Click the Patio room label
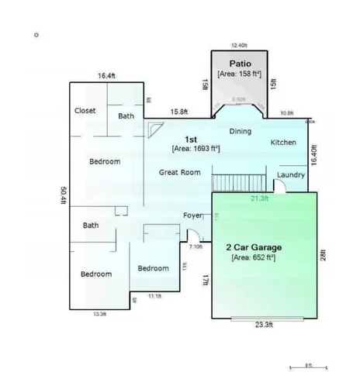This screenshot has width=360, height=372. click(238, 62)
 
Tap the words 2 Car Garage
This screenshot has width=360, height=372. click(253, 247)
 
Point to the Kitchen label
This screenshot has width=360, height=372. click(283, 143)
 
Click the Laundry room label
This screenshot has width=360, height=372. click(290, 175)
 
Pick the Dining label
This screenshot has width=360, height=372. click(241, 131)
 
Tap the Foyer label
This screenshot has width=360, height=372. click(192, 215)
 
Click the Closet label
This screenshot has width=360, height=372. click(85, 111)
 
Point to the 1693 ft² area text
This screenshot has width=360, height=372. click(196, 147)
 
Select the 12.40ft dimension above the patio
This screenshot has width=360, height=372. click(239, 45)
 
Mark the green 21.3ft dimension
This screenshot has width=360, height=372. click(260, 198)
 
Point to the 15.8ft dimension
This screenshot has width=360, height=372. click(180, 112)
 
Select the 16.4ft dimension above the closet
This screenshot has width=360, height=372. click(106, 76)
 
